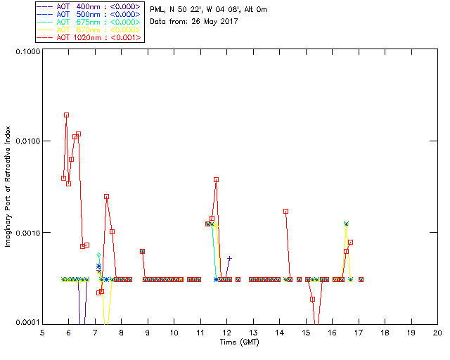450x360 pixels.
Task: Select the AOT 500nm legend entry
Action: click(90, 14)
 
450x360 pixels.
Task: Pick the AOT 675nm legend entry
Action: click(90, 22)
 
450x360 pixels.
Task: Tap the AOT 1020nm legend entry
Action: click(90, 37)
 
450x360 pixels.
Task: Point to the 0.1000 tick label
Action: click(25, 51)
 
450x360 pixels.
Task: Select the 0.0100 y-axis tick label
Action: click(25, 142)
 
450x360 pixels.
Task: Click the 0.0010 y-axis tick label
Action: click(25, 233)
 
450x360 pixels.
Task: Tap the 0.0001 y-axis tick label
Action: click(25, 323)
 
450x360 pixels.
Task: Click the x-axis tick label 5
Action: click(42, 333)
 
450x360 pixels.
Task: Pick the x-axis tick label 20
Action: click(437, 333)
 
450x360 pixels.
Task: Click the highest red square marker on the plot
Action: click(66, 115)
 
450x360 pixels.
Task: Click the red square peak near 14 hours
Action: click(285, 211)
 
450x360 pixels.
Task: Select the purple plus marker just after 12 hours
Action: click(229, 258)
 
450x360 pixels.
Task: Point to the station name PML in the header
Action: click(157, 10)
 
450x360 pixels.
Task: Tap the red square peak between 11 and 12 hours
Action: click(216, 179)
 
